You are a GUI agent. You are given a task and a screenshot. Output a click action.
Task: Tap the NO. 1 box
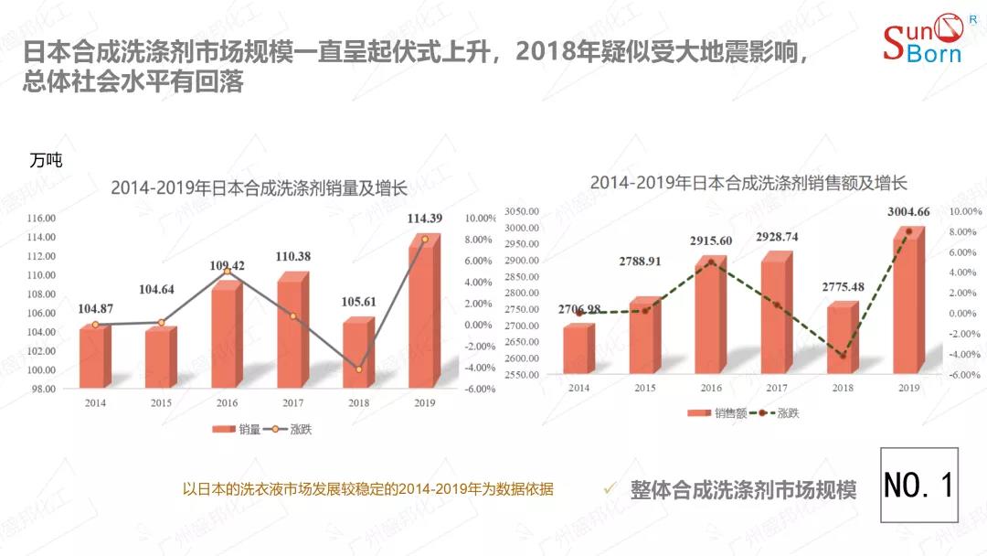(918, 485)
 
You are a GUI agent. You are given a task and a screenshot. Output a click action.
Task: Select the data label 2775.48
(840, 287)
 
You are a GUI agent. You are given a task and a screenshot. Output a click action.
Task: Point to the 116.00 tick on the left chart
(42, 219)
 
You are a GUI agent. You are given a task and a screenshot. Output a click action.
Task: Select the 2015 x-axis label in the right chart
(643, 388)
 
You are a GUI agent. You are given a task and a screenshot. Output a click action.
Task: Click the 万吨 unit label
(46, 160)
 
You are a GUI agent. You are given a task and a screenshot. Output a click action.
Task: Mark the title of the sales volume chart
(259, 188)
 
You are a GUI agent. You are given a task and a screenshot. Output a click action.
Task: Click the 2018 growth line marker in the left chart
(358, 369)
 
